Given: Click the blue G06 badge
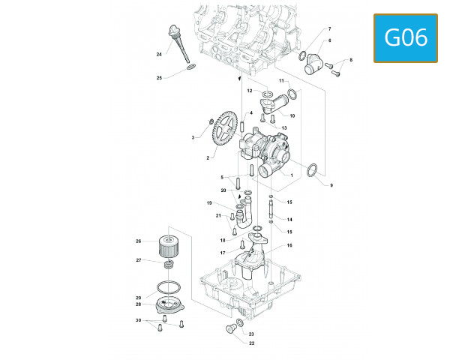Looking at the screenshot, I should [406, 37].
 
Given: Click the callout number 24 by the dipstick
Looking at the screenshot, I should [159, 55].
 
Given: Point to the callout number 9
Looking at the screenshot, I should [331, 184].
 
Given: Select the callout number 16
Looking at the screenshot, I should [289, 245].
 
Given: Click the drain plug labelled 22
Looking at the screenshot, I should [229, 329].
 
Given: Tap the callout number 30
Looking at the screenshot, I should [138, 320].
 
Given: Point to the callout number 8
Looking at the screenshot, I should [350, 59].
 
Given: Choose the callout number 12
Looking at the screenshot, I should [250, 90].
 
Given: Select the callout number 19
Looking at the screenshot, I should [210, 203].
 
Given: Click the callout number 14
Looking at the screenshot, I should [289, 219].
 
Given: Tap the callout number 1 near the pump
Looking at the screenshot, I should [290, 175].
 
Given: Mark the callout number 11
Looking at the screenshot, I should [282, 80].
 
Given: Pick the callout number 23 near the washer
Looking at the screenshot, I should [251, 334].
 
